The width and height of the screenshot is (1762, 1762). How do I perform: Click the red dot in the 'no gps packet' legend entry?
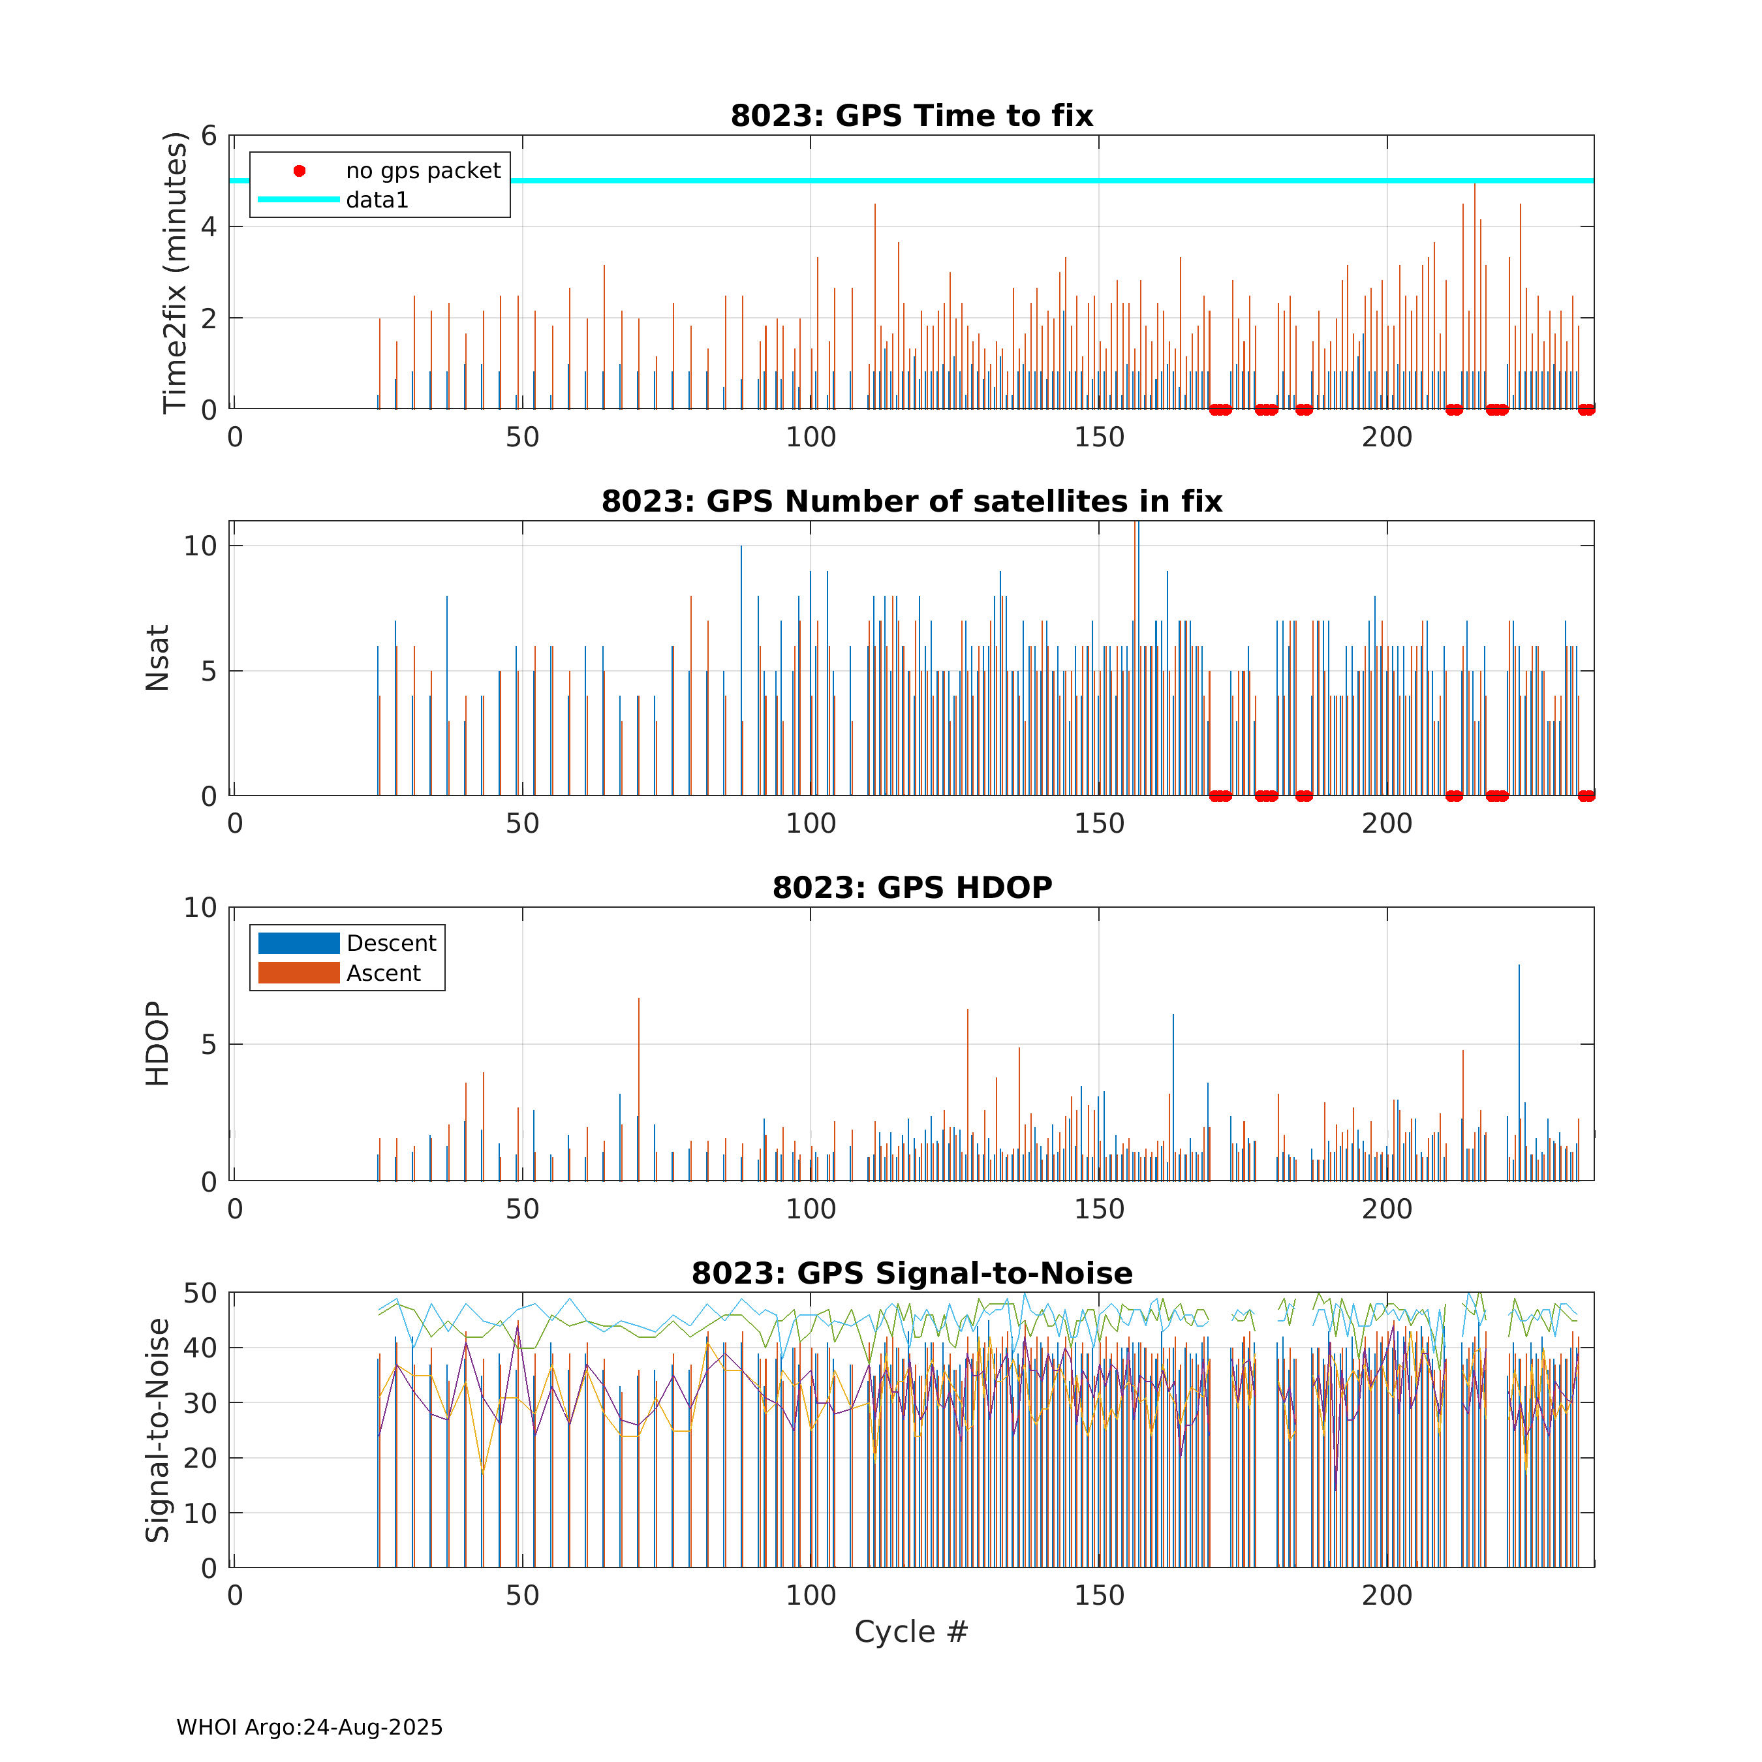[299, 170]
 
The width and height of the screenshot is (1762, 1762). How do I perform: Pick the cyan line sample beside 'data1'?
[299, 199]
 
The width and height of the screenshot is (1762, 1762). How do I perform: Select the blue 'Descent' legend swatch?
[299, 943]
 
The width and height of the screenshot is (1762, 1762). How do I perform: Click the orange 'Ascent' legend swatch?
[299, 973]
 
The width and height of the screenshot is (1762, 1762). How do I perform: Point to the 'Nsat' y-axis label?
[158, 658]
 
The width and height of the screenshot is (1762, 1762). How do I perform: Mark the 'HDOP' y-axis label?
[158, 1043]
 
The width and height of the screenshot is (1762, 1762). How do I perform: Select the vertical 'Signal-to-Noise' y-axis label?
[158, 1430]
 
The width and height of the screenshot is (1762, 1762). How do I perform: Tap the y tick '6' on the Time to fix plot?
[209, 136]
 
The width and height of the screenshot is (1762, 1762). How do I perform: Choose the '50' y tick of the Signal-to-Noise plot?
[200, 1293]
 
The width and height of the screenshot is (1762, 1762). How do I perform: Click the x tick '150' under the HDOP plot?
[1099, 1209]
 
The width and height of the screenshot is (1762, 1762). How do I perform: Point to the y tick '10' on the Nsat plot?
[200, 546]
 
